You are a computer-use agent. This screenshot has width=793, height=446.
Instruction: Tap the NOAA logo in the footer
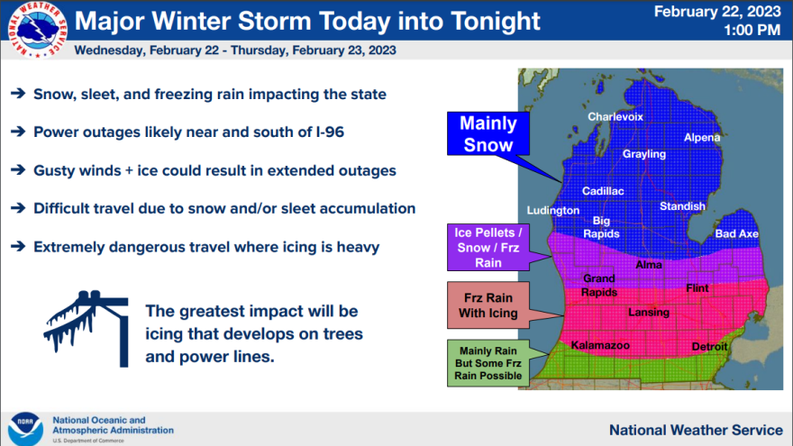[x=25, y=429]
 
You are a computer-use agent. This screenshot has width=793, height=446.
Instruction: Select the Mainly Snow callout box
[x=488, y=133]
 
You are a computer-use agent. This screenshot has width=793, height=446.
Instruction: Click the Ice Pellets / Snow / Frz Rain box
[x=488, y=247]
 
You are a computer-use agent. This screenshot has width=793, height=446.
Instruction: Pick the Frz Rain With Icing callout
[x=488, y=305]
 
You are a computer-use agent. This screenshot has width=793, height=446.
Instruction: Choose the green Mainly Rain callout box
[x=488, y=363]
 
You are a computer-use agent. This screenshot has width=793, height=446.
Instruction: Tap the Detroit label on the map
[x=709, y=346]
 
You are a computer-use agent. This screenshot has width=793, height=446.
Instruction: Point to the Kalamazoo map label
[x=600, y=345]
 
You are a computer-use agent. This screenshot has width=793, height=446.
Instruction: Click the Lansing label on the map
[x=648, y=313]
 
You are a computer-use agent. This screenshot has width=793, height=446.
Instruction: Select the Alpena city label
[x=702, y=138]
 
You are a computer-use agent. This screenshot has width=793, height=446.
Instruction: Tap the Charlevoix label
[x=615, y=117]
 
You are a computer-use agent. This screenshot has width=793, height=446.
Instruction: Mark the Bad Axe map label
[x=736, y=233]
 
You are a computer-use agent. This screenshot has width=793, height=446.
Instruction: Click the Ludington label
[x=552, y=210]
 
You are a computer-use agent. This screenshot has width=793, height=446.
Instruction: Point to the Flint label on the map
[x=697, y=288]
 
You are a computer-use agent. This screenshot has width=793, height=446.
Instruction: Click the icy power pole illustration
[x=87, y=328]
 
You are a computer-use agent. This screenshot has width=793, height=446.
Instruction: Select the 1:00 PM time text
[x=752, y=31]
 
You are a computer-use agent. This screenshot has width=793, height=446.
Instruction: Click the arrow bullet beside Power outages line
[x=18, y=132]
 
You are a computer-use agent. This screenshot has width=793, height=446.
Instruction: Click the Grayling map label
[x=643, y=154]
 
